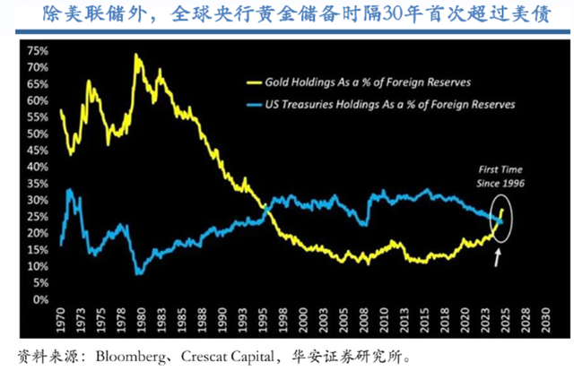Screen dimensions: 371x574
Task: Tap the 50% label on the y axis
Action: [39, 134]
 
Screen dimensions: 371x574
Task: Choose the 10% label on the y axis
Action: [39, 266]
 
